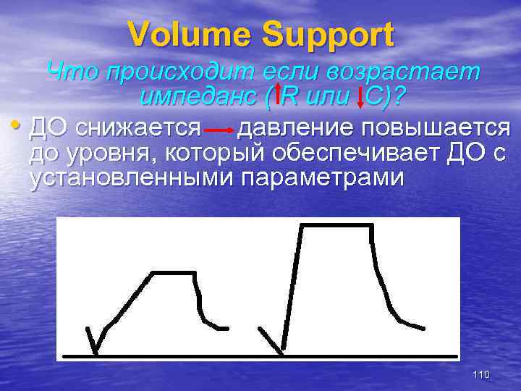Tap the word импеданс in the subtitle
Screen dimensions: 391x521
200,96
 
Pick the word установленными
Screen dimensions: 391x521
130,178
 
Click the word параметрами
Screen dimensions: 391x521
319,178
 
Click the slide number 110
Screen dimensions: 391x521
480,374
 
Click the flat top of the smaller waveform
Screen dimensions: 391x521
174,272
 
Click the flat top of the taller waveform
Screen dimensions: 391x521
336,225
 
